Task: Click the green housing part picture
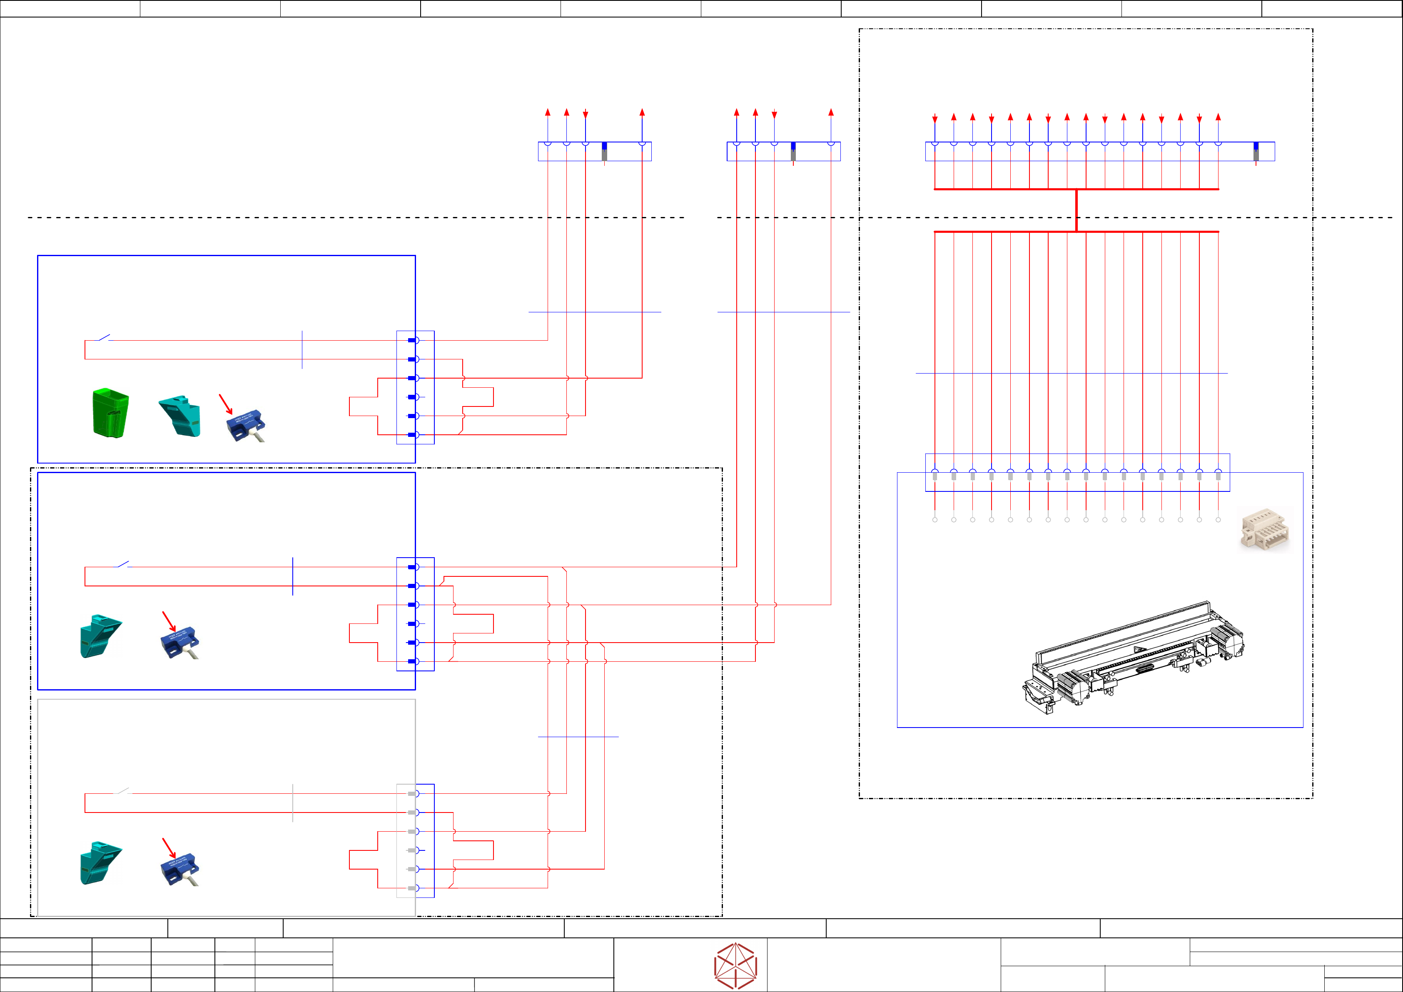click(x=111, y=413)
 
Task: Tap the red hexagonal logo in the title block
click(x=736, y=966)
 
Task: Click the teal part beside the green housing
click(x=179, y=416)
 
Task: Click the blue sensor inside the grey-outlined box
click(x=179, y=871)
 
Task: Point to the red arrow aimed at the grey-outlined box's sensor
click(x=169, y=848)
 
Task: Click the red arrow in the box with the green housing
click(x=225, y=404)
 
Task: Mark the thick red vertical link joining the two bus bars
click(x=1076, y=210)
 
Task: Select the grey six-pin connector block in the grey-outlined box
click(x=406, y=840)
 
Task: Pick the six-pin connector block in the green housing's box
click(x=416, y=387)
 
